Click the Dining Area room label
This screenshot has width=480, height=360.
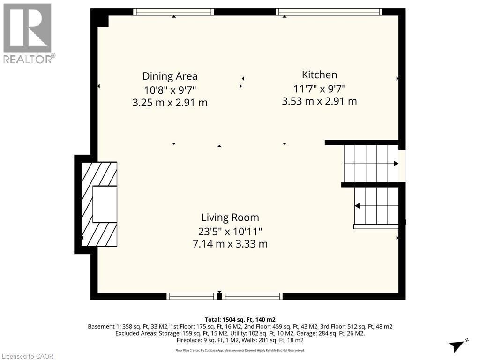(170, 76)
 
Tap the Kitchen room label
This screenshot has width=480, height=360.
(319, 75)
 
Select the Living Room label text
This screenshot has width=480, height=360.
(230, 217)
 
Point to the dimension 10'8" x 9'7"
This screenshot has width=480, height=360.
(170, 89)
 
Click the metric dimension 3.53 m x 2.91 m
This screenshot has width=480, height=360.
(319, 101)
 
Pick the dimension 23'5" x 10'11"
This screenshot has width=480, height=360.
(230, 231)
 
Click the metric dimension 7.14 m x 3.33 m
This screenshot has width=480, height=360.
(230, 244)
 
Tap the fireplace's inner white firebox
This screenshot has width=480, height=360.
(104, 204)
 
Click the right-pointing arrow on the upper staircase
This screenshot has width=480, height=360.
(396, 164)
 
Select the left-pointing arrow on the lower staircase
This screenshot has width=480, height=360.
(357, 205)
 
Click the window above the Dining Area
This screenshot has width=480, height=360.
(174, 12)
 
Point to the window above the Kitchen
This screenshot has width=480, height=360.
(329, 12)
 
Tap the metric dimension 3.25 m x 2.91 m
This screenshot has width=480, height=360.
(170, 102)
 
